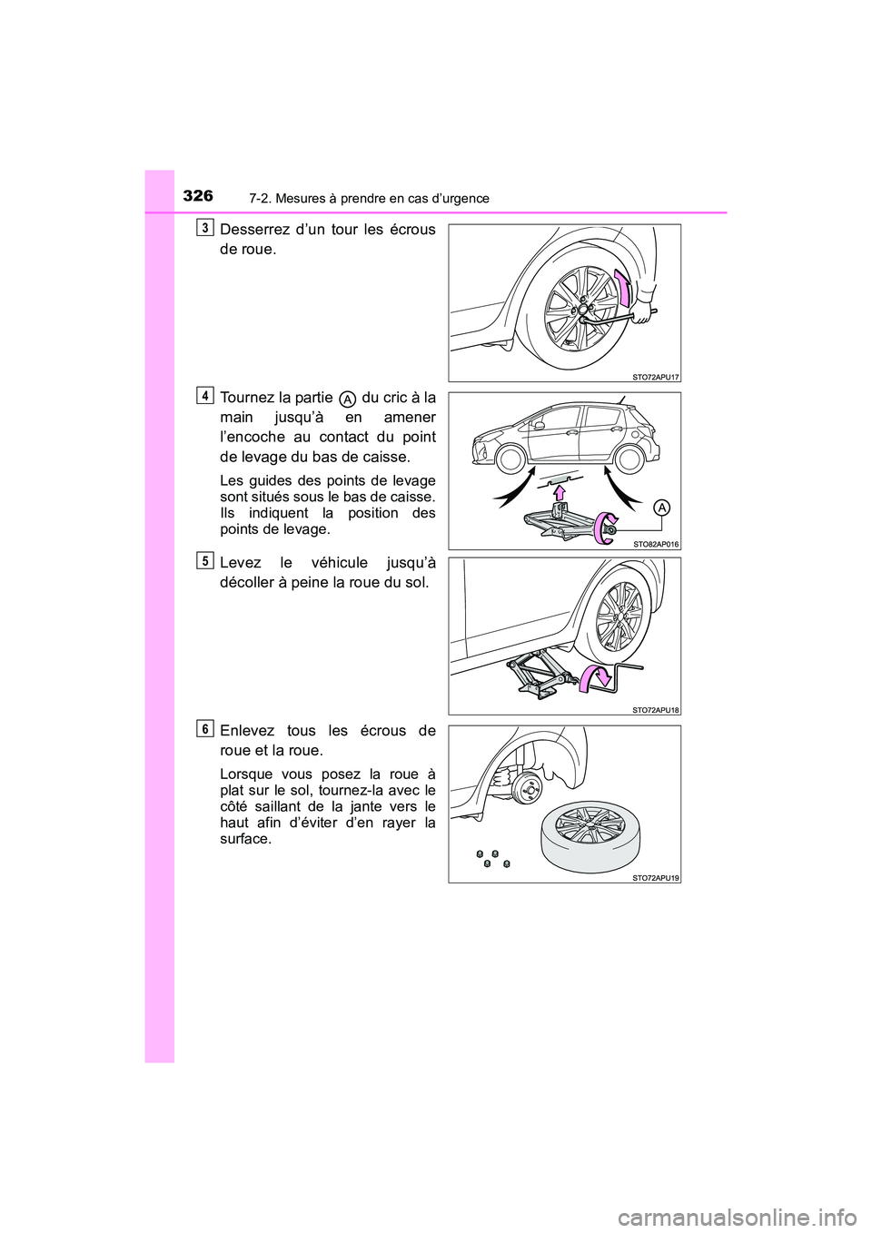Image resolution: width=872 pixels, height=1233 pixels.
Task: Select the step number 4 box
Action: pos(208,395)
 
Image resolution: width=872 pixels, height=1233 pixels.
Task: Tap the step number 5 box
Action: pos(208,560)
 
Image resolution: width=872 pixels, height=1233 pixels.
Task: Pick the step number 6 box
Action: pos(208,728)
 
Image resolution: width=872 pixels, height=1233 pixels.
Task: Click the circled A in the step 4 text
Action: pos(348,399)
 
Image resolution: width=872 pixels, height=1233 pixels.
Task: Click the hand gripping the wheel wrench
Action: pos(646,311)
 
